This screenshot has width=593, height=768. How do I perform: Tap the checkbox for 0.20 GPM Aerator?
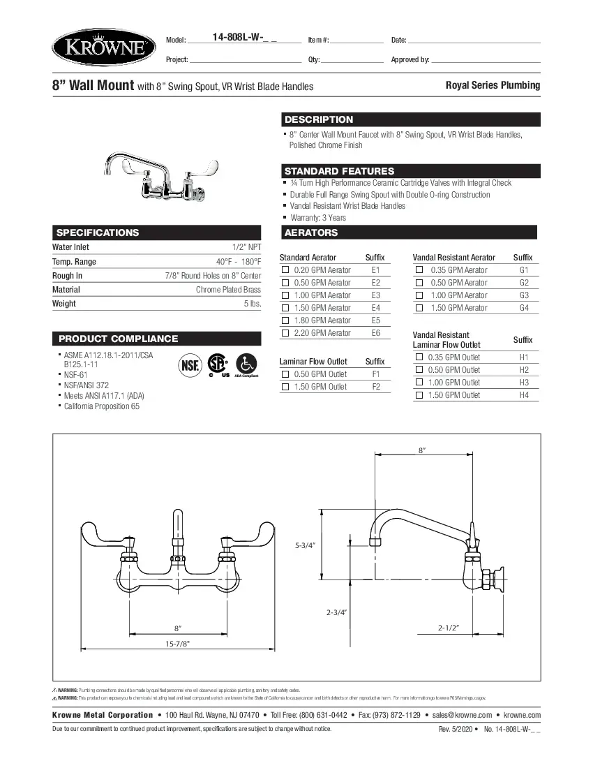285,270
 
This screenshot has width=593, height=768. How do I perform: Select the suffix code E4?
376,308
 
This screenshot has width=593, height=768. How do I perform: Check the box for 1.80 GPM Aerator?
285,320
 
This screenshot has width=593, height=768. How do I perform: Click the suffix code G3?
525,295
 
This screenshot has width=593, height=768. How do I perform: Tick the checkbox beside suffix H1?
419,357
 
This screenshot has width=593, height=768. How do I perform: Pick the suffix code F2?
376,387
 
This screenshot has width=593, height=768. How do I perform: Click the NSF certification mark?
190,364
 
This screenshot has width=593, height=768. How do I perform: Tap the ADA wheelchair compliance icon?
246,364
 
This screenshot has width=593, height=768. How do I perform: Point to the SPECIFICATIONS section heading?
98,232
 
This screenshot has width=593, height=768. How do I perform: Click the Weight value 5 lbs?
252,304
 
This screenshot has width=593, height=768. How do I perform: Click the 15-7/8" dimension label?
177,643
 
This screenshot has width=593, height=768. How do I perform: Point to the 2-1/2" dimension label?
448,628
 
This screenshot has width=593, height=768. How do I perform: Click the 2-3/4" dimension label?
337,612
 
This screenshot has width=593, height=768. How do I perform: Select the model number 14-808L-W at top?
242,39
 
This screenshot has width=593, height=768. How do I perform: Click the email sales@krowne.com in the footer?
462,715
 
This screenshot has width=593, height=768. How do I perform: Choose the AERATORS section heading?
311,232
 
